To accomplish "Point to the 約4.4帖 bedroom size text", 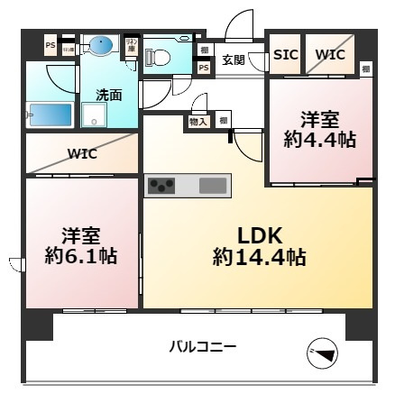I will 319,139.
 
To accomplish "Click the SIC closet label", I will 286,54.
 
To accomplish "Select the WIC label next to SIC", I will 330,54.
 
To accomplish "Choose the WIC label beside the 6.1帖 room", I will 82,153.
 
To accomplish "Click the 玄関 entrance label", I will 233,60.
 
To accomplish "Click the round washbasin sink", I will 101,44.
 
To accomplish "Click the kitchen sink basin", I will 213,186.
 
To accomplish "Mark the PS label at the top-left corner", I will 51,43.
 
